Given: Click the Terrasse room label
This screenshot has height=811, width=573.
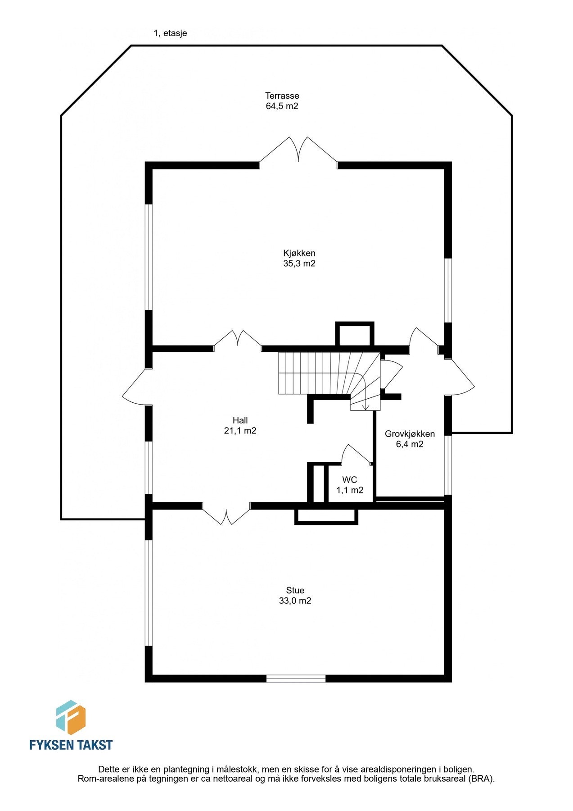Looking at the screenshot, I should pos(282,96).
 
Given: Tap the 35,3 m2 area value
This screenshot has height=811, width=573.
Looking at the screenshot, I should pos(299,264).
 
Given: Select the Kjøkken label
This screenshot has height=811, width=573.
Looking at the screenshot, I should pos(299,253).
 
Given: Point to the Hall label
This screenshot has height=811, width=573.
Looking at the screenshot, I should pos(240,420).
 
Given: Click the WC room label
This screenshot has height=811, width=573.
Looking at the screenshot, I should pos(350,480).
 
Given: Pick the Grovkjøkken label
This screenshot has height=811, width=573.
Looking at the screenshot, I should pos(410,434).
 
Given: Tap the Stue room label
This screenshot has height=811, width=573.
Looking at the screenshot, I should pos(295,590).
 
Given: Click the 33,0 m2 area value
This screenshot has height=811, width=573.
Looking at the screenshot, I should pos(295,601).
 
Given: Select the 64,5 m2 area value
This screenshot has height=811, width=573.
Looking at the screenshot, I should pos(282,106).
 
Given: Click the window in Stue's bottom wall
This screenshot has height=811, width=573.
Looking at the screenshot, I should pos(296,678).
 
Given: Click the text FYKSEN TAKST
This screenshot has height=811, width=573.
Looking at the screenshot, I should pos(71,744).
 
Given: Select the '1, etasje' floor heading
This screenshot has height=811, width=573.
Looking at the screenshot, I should pos(170,33).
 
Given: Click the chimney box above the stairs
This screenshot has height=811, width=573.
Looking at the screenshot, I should pos(355,334).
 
